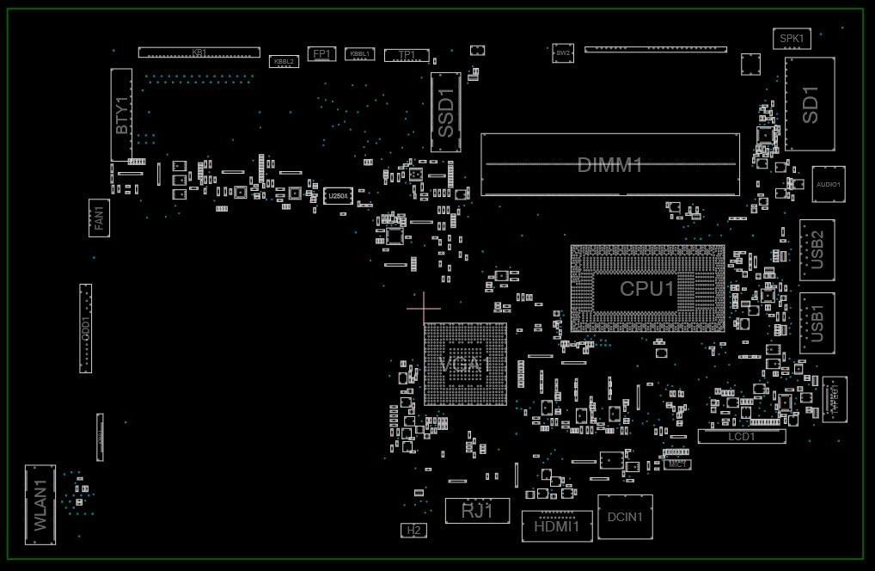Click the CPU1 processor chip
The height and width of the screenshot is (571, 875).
click(x=648, y=289)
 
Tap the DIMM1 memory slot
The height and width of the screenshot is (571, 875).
click(x=609, y=164)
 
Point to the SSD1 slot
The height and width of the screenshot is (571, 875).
click(x=446, y=113)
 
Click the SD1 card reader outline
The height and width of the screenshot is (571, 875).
click(x=810, y=104)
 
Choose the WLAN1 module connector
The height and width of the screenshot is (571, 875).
click(x=40, y=506)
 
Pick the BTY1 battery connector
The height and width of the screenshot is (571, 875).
click(x=122, y=114)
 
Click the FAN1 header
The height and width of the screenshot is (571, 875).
click(x=99, y=218)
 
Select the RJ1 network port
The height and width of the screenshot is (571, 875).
click(x=477, y=511)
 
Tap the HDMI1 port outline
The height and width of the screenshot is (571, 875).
click(x=557, y=525)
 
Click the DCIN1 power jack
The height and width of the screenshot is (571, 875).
click(x=625, y=517)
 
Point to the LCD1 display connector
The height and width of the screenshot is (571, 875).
click(x=741, y=437)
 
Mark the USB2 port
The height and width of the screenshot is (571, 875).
click(x=817, y=249)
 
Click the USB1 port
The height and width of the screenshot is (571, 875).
click(x=817, y=323)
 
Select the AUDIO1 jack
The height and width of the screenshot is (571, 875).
click(x=829, y=184)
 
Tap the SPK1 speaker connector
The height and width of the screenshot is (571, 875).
click(x=792, y=39)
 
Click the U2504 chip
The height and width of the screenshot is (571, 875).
click(x=338, y=197)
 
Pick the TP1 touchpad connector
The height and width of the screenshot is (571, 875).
click(x=407, y=55)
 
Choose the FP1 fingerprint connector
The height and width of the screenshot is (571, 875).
click(x=321, y=54)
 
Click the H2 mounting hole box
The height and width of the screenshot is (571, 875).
click(x=414, y=531)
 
